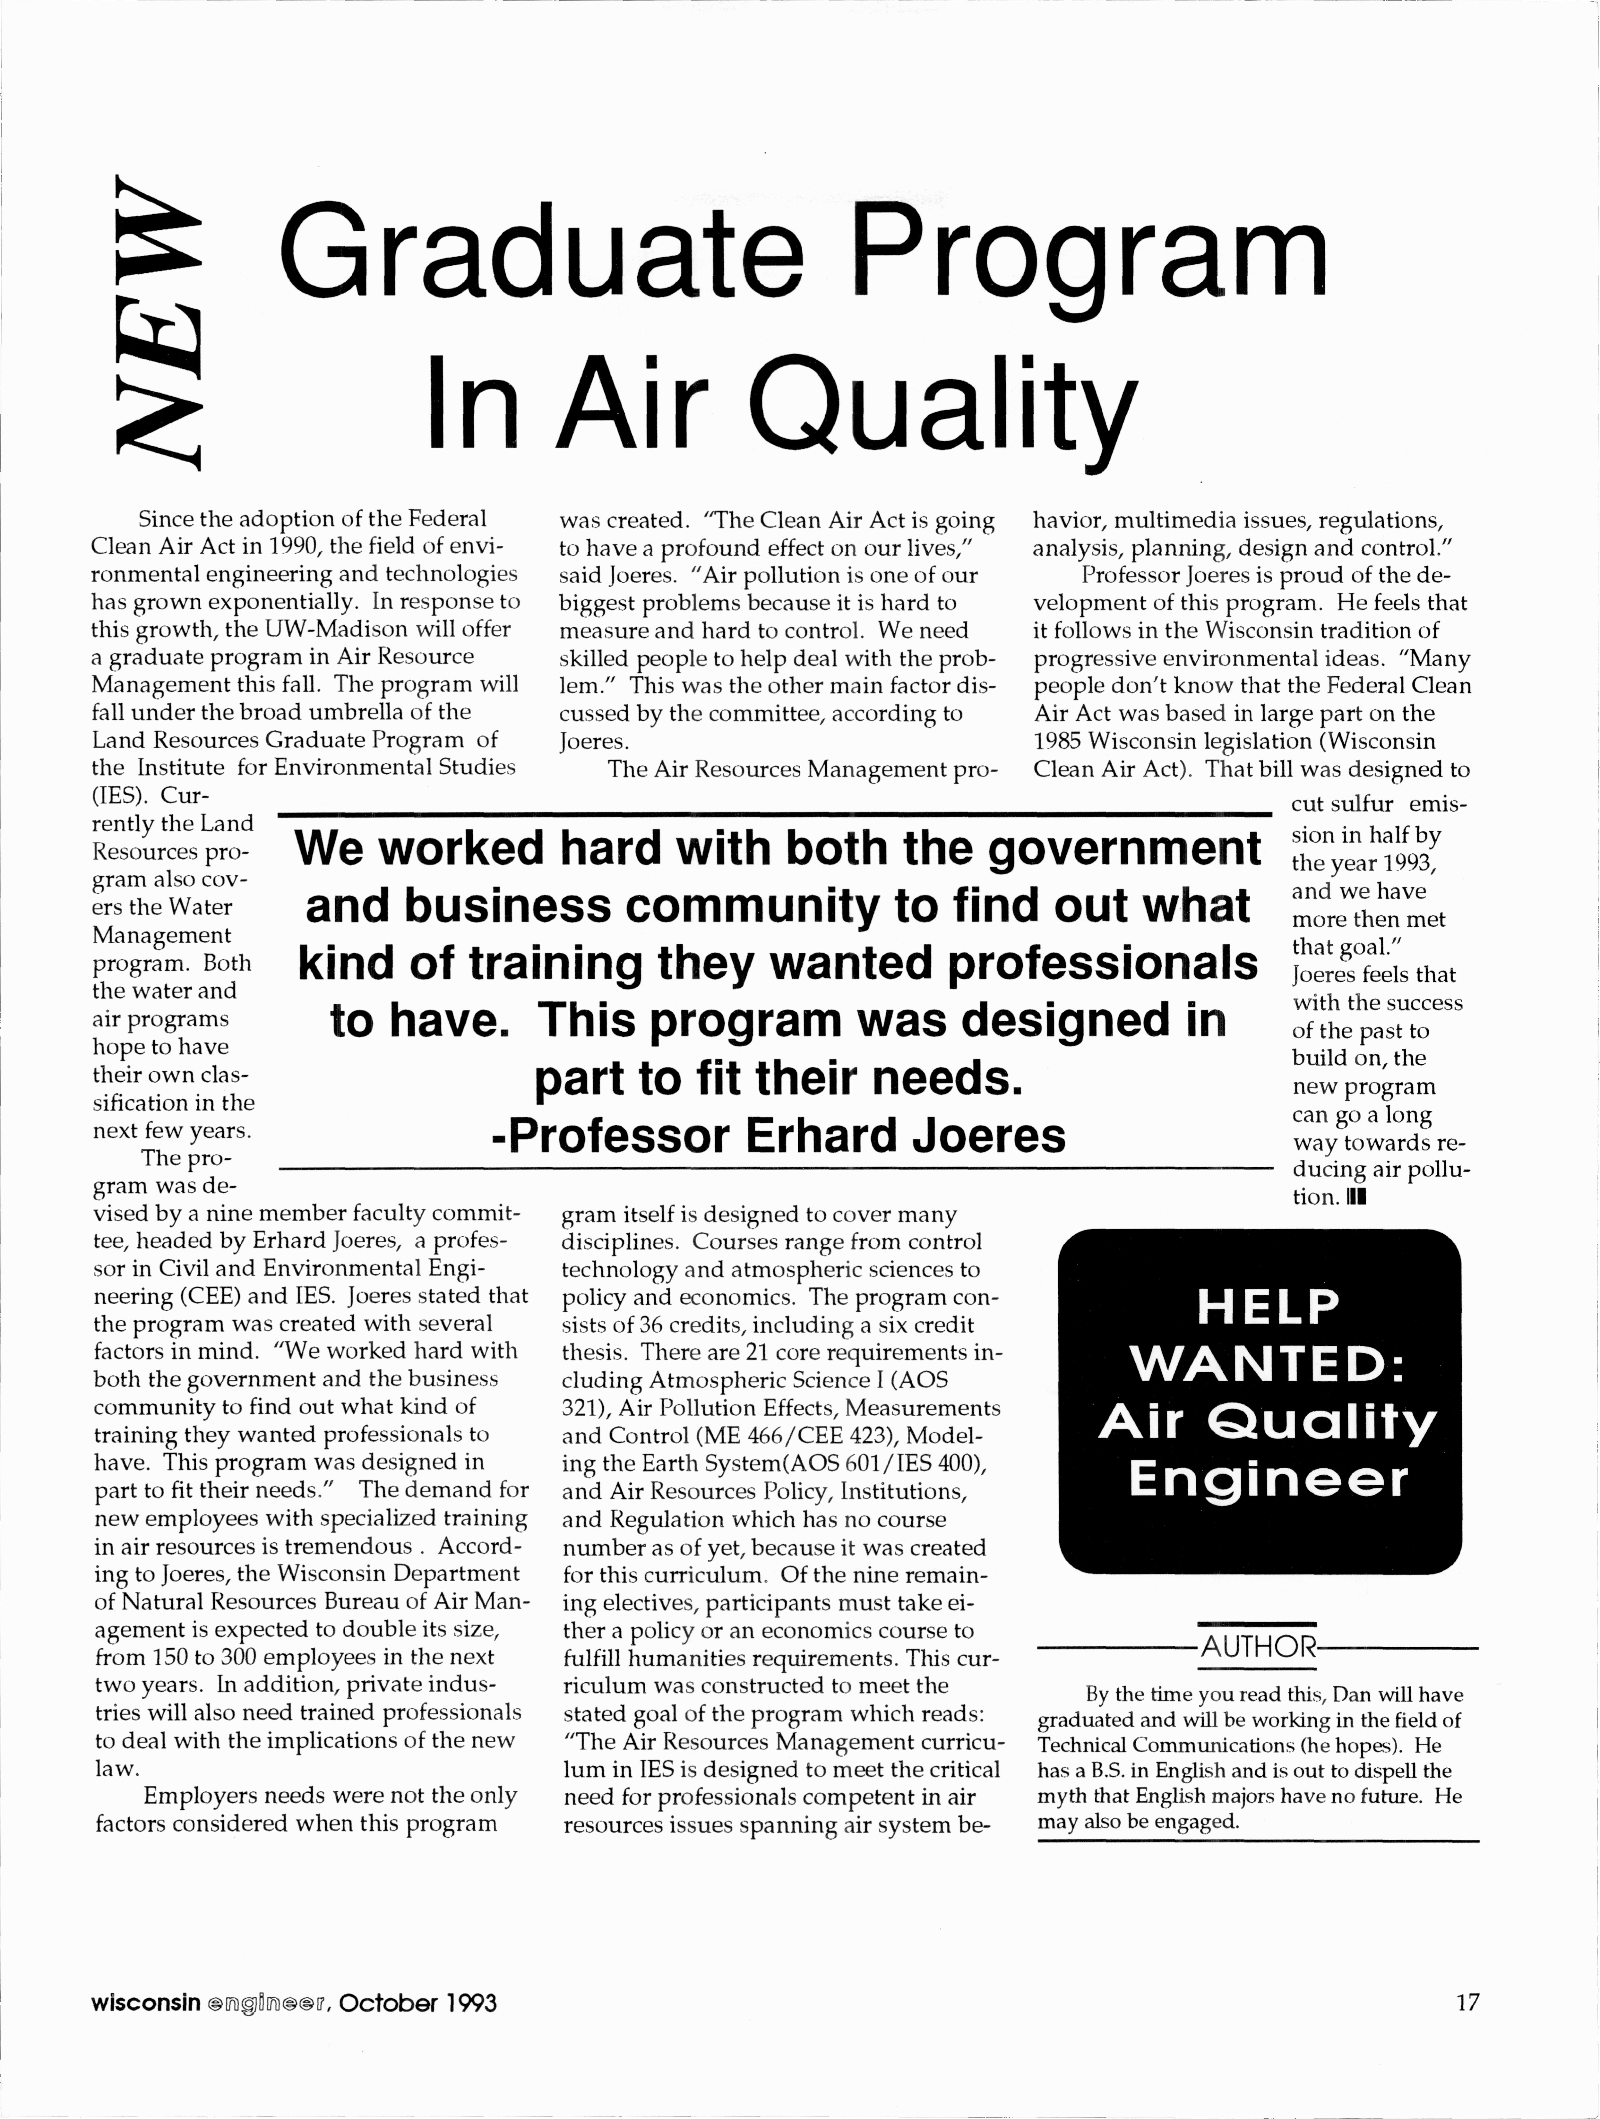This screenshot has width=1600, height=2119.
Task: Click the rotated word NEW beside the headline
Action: [x=155, y=322]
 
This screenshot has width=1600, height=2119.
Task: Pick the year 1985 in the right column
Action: [x=1058, y=742]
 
